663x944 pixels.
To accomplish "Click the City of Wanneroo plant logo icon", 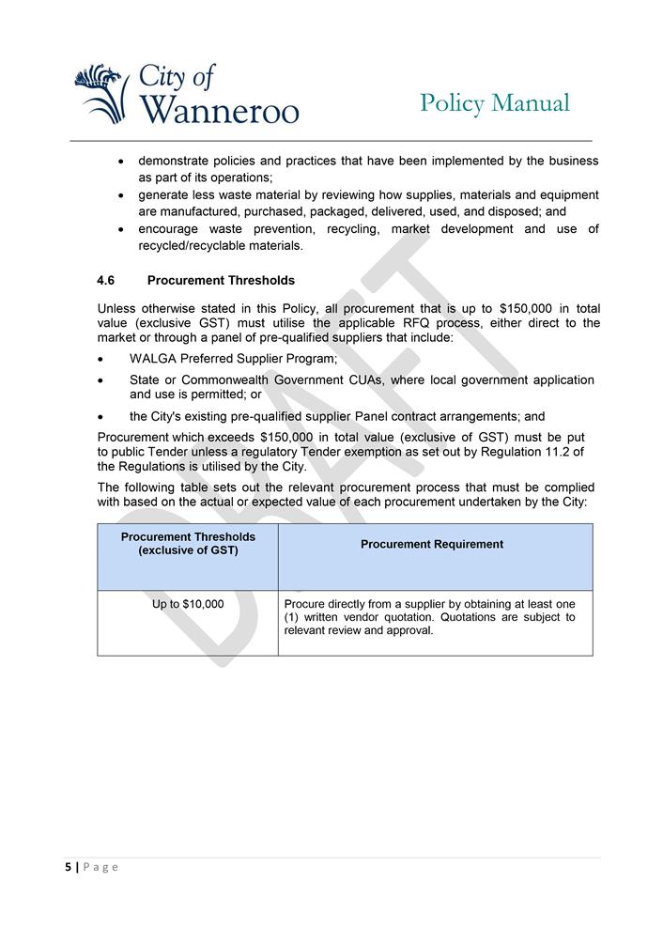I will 101,93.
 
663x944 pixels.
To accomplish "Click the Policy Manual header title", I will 494,102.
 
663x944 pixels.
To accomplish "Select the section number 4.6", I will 106,280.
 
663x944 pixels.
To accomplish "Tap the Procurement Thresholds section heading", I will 221,280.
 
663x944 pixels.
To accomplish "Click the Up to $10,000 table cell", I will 188,604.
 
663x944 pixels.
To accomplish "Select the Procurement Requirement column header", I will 432,544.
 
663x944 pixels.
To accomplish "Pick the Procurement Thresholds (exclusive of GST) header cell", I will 188,543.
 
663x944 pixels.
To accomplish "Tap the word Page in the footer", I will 100,867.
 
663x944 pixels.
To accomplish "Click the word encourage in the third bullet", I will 168,229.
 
